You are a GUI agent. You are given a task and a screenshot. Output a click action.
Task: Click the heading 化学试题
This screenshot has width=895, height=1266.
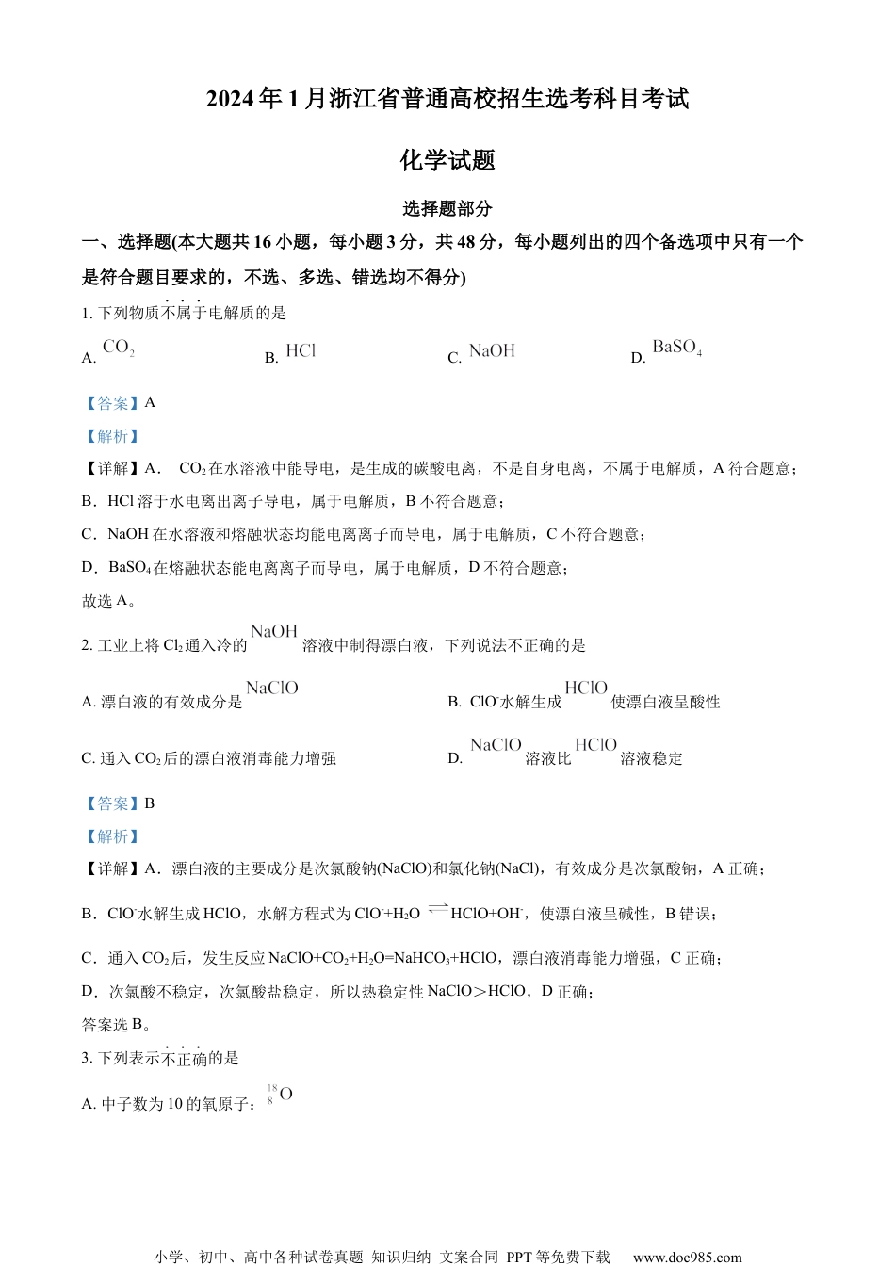[x=447, y=160]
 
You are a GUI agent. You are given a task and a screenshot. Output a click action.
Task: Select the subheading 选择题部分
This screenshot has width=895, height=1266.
[x=447, y=209]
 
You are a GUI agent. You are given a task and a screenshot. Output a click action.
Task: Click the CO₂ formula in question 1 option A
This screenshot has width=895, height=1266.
[x=119, y=348]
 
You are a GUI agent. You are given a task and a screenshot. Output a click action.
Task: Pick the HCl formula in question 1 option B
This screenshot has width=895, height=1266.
[x=301, y=350]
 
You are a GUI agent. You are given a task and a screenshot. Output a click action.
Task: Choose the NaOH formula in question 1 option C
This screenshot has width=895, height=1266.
[x=492, y=350]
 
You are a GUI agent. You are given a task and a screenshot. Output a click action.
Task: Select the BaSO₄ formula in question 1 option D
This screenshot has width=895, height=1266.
[x=676, y=348]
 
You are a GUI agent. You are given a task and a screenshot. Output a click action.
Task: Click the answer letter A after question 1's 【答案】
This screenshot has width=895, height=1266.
[x=150, y=402]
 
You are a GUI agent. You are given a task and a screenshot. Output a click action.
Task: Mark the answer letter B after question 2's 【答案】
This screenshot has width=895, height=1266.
[x=150, y=803]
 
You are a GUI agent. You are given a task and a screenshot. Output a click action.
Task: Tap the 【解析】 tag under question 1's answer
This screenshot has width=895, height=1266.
[x=111, y=435]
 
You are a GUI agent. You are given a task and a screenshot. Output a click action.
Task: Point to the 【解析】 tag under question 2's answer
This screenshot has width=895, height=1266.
[x=111, y=836]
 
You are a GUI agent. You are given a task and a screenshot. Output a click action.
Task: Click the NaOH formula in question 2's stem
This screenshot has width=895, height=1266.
[x=274, y=631]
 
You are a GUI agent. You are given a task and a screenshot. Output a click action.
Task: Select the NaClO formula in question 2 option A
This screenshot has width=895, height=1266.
[x=272, y=689]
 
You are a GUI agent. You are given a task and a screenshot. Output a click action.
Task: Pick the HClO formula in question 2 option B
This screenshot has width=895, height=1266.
[x=586, y=689]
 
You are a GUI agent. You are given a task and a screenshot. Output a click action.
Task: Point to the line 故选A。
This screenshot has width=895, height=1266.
[x=110, y=600]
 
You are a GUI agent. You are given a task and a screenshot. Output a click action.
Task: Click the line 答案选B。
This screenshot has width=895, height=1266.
[x=117, y=1025]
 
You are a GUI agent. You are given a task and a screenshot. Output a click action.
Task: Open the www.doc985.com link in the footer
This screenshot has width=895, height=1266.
[x=687, y=1257]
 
